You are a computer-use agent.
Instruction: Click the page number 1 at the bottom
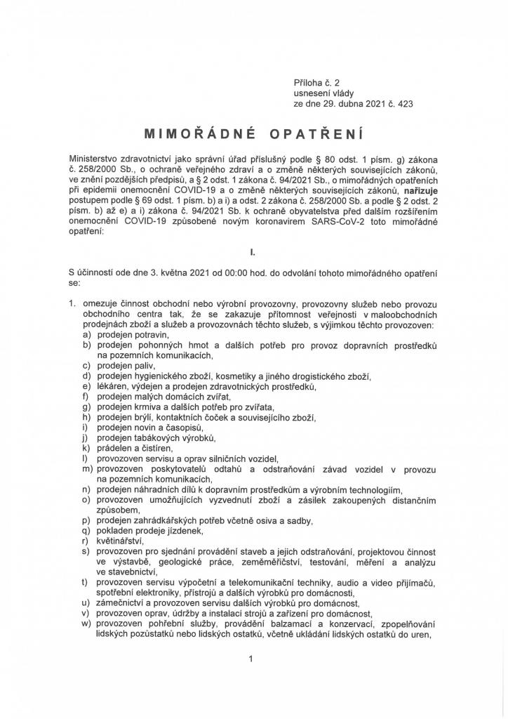(250, 659)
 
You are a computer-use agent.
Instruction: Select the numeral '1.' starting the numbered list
(72, 305)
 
